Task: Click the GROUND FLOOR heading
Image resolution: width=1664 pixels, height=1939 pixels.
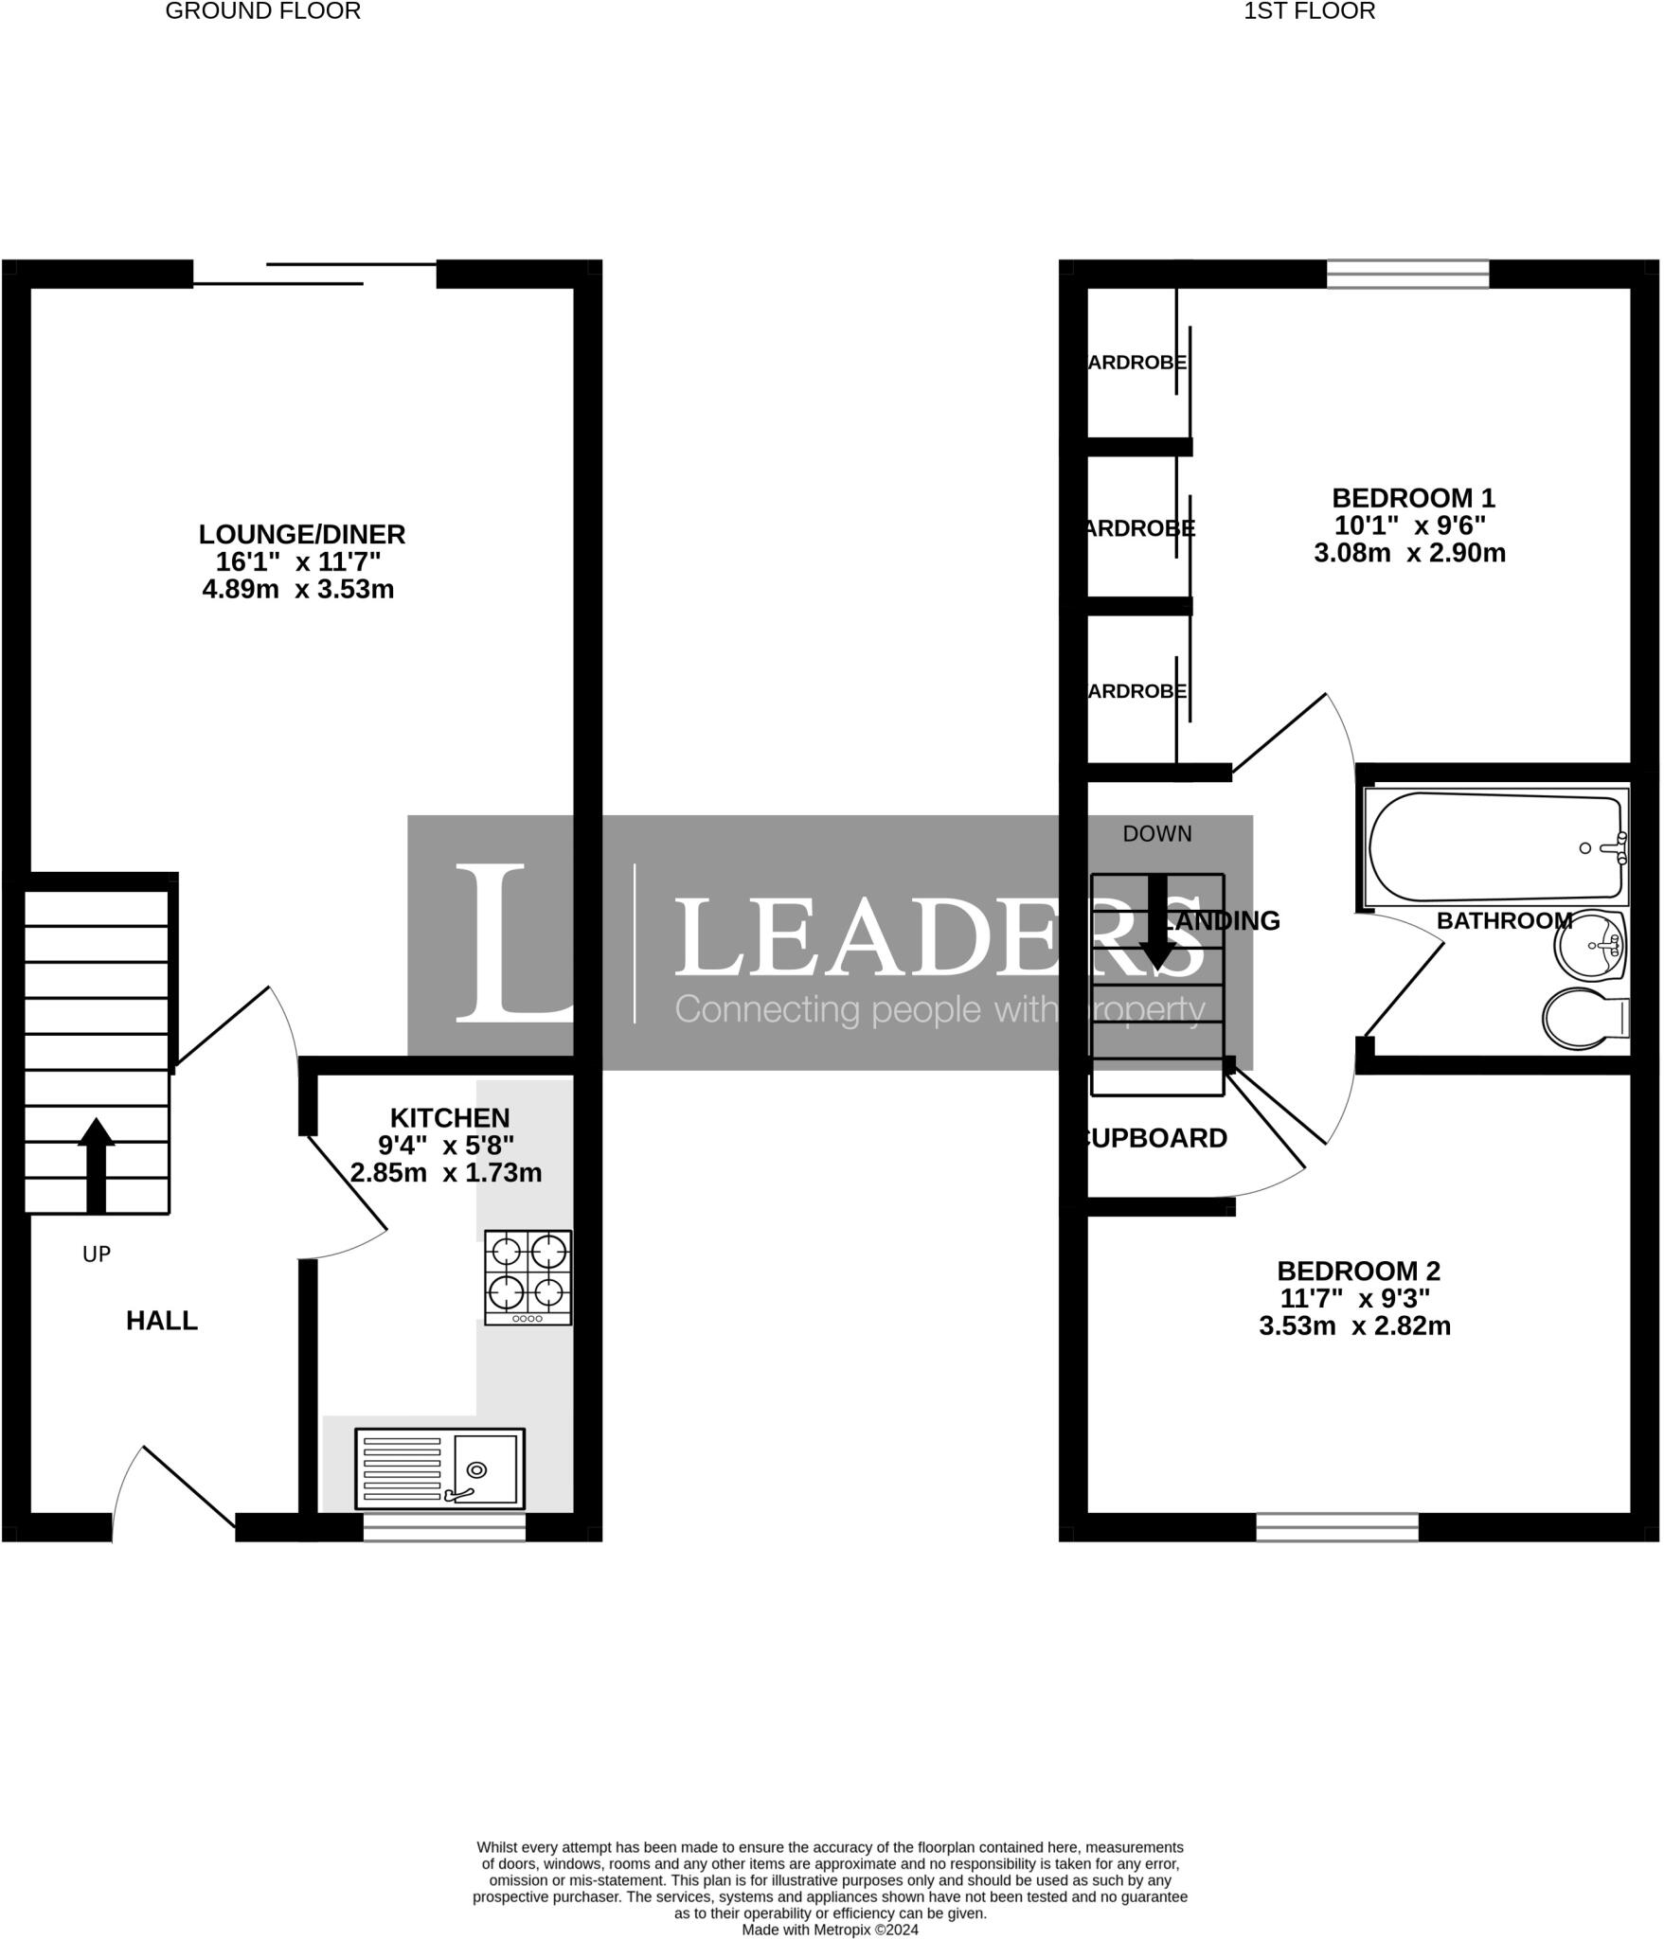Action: tap(262, 11)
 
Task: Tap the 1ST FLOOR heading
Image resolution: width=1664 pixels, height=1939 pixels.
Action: tap(1309, 11)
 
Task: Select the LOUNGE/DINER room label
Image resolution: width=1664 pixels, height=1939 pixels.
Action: tap(301, 534)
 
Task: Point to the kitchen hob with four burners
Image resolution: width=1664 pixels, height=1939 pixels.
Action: tap(528, 1276)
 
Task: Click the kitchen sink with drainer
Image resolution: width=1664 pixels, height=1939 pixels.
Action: tap(439, 1468)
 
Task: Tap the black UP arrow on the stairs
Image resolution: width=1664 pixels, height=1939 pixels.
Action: tap(96, 1165)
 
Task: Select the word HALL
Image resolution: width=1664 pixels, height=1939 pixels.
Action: tap(162, 1321)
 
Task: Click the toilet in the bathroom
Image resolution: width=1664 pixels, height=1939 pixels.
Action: tap(1583, 1019)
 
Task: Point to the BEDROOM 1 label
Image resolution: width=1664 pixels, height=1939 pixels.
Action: tap(1412, 497)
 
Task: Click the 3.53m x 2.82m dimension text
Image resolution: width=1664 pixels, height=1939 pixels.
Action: tap(1354, 1325)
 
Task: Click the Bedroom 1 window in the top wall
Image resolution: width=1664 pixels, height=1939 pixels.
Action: tap(1407, 274)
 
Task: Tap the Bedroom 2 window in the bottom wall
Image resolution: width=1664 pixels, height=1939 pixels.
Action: tap(1336, 1526)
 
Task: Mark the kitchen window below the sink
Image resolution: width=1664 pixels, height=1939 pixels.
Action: tap(444, 1526)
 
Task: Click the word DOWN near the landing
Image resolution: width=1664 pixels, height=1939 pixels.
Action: tap(1156, 833)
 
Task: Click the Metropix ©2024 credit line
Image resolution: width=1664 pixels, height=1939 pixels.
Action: tap(830, 1930)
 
